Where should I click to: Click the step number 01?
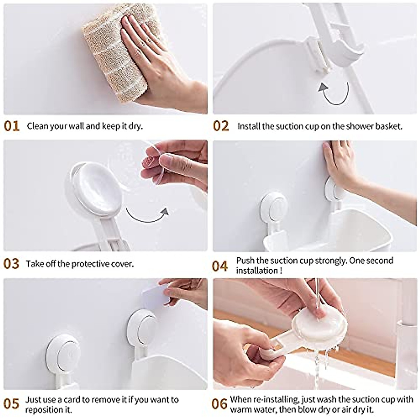[12, 126]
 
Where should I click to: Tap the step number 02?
[221, 126]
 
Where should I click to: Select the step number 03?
[12, 264]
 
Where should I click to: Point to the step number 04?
[220, 266]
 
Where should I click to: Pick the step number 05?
[12, 404]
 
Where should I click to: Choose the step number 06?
[220, 404]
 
